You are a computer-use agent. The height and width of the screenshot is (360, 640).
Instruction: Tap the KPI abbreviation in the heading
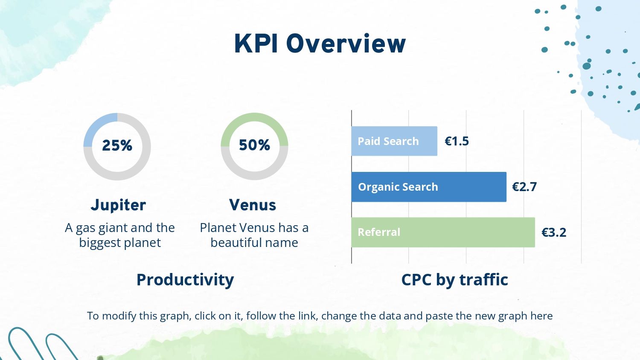point(256,44)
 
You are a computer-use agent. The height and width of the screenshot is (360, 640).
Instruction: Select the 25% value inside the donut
point(117,145)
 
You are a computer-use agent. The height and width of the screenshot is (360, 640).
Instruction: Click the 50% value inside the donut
point(254,145)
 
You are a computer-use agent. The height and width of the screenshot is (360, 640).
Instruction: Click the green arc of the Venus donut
point(254,117)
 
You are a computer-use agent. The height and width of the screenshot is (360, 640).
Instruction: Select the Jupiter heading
point(118,205)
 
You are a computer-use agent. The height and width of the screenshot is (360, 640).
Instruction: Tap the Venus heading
point(253,205)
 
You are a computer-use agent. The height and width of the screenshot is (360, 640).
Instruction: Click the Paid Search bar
point(394,141)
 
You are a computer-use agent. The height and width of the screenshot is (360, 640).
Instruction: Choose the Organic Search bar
point(429,187)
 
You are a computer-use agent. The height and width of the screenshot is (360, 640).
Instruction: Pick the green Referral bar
point(443,232)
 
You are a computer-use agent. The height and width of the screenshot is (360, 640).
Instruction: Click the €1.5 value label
point(457,141)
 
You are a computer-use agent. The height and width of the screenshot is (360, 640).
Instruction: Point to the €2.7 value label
point(524,187)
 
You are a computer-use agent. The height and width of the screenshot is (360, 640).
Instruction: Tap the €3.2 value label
point(554,232)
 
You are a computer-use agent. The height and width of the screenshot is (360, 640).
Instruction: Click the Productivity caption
point(185,280)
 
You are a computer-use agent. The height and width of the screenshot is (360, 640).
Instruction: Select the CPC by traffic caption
point(454,279)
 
